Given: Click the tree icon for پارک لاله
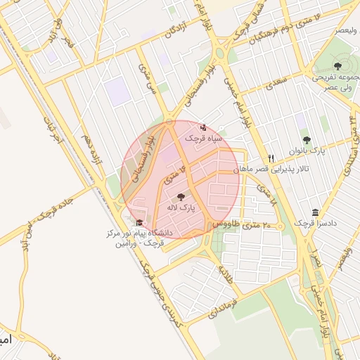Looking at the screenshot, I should (181, 198).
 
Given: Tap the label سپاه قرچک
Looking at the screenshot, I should (204, 139).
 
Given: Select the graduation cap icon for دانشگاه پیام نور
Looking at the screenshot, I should (139, 223).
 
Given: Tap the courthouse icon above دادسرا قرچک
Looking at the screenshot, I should (314, 212).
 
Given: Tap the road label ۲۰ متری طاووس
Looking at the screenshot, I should (242, 224).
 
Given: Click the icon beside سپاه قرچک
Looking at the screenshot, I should (203, 128).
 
